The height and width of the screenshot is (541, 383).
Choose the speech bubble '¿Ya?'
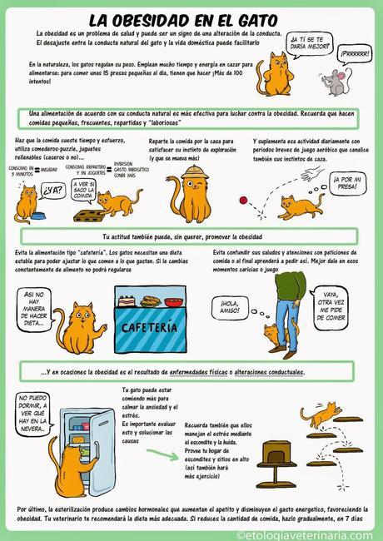[x=53, y=189]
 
